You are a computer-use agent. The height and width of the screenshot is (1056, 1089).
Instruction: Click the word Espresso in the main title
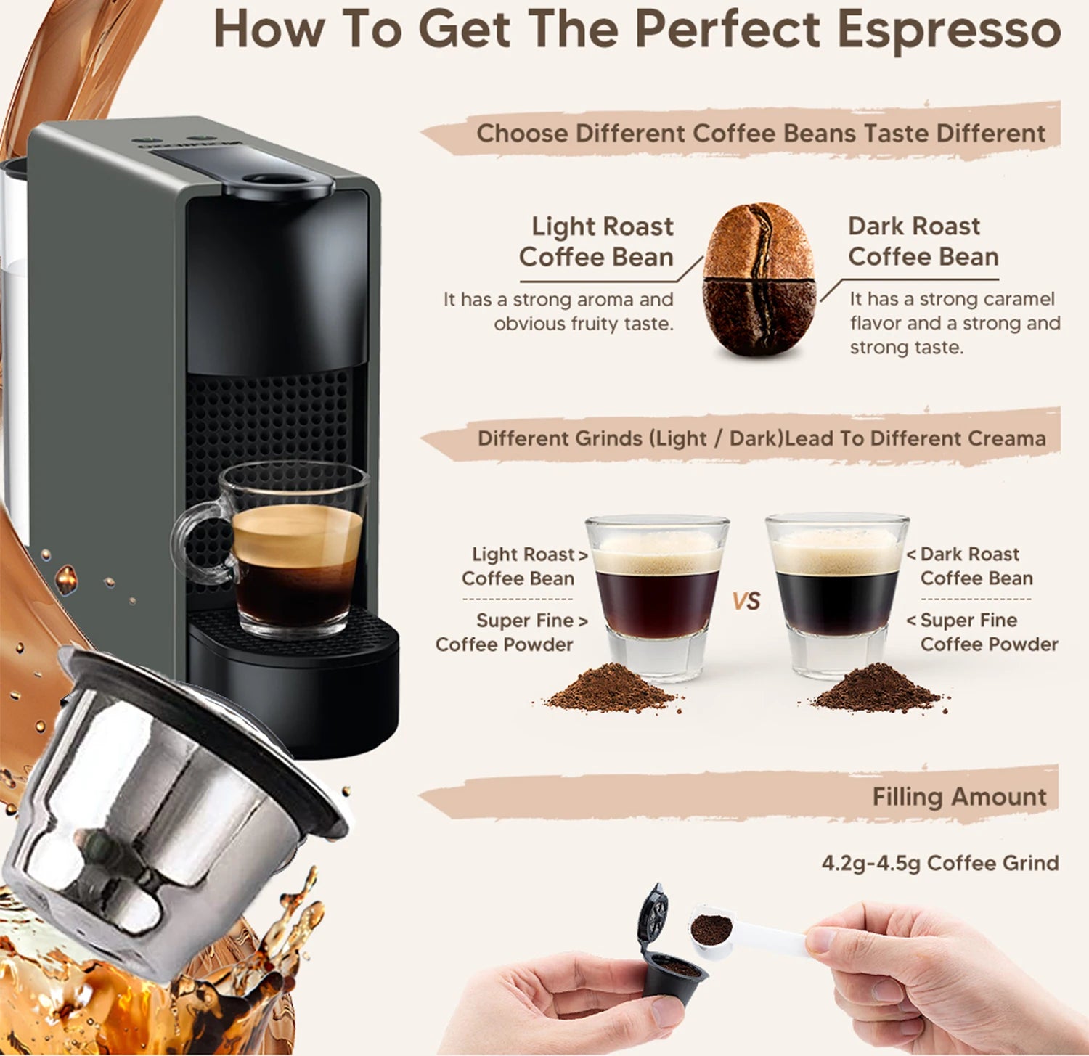948,30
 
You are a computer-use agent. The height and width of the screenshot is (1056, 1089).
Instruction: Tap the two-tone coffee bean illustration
759,279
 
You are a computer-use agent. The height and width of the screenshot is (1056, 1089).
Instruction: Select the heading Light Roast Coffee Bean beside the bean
596,242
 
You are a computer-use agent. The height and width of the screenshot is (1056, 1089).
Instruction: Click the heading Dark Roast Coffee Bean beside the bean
923,242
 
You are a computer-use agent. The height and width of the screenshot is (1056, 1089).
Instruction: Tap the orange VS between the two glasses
746,601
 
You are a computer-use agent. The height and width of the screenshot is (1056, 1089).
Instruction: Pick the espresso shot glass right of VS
836,592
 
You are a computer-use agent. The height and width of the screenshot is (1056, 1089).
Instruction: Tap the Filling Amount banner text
958,797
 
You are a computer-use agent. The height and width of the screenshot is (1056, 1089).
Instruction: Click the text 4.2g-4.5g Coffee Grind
939,863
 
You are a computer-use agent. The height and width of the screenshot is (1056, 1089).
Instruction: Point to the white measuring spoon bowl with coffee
711,930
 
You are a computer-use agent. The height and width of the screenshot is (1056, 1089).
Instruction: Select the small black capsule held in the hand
672,973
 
